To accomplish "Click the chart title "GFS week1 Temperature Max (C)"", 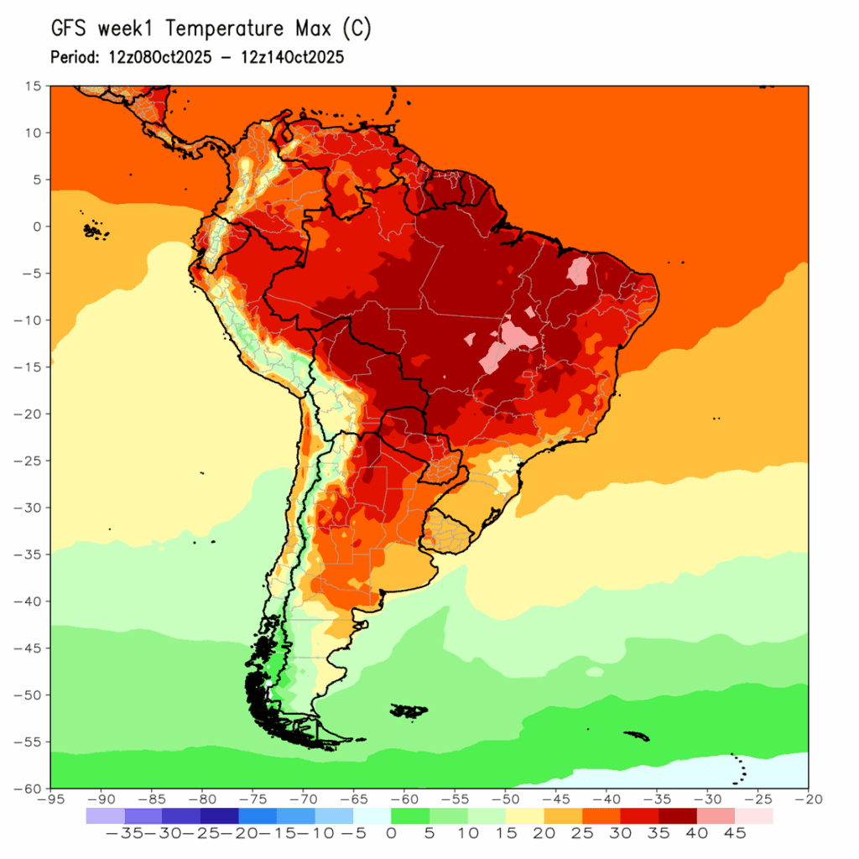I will tap(211, 29).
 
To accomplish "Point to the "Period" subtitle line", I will tap(197, 58).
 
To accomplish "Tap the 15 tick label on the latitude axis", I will tap(34, 86).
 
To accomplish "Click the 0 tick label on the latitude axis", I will tap(37, 226).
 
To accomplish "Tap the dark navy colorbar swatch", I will tap(219, 815).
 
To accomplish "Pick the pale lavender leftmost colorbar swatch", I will tap(105, 815).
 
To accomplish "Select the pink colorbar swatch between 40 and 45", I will tap(715, 815).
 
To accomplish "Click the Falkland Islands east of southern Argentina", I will tap(409, 711).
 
